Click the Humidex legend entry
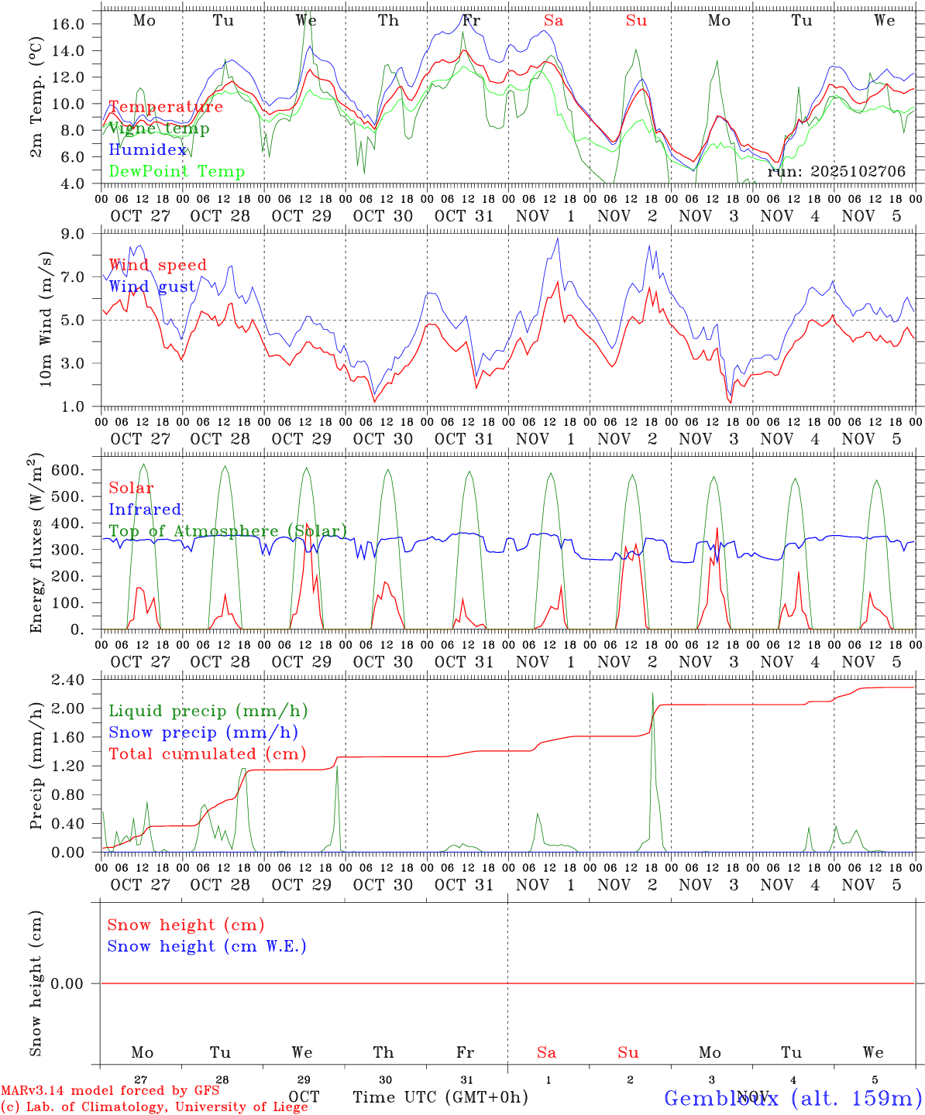(148, 150)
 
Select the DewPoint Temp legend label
(177, 172)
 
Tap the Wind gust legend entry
(152, 287)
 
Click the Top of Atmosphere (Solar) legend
(228, 531)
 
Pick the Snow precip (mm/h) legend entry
(203, 732)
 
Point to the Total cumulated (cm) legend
(207, 754)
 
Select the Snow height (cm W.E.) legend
(206, 946)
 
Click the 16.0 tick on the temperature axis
(68, 24)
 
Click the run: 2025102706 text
(836, 172)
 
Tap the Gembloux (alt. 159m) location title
(793, 1098)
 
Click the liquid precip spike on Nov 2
(653, 697)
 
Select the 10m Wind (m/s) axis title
(45, 318)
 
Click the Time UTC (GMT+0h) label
(440, 1097)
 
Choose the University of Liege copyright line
(154, 1107)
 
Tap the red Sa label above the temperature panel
(553, 21)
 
